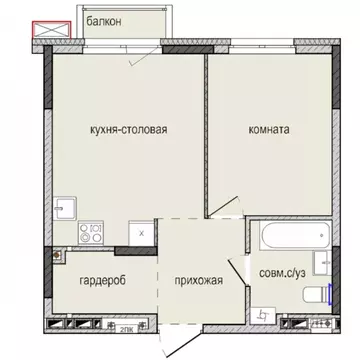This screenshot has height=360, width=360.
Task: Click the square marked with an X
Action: coord(143,232)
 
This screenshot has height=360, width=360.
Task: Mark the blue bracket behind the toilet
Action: coord(329,293)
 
